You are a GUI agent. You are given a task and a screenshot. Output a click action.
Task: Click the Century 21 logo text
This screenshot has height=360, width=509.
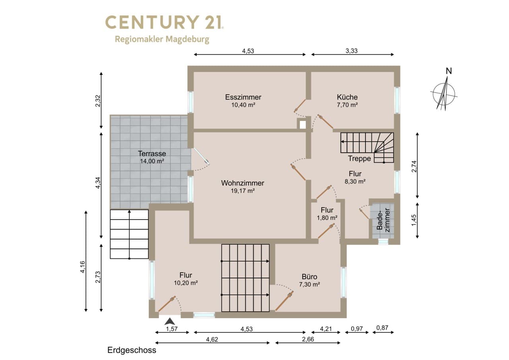point(165,22)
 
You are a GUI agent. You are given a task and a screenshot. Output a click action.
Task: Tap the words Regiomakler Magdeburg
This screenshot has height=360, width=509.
point(162,39)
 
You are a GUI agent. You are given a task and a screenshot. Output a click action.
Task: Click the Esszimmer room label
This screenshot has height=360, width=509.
point(243,97)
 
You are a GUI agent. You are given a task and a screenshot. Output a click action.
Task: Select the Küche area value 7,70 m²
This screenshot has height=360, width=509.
point(347,105)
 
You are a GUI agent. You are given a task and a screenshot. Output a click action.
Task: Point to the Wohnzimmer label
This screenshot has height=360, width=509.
point(243,183)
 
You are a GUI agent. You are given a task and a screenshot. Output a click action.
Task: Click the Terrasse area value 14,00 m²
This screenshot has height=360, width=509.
point(152,161)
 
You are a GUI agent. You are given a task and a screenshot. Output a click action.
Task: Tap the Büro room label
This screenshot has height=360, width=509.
point(309,276)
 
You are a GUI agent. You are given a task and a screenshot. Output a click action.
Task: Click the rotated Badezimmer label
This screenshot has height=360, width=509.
point(383,220)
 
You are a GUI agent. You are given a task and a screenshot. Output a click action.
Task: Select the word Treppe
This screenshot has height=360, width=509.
point(359,158)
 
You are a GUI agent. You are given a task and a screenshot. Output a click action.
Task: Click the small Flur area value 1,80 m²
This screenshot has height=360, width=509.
point(327,218)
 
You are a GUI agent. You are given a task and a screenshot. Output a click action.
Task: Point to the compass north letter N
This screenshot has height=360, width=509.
point(449,71)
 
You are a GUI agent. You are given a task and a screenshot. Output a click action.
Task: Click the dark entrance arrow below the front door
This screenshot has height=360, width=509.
point(170,321)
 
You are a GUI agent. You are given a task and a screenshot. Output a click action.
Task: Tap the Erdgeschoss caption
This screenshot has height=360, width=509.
point(132,350)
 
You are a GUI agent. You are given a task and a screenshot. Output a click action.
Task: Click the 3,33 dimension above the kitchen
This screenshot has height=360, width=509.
point(352,51)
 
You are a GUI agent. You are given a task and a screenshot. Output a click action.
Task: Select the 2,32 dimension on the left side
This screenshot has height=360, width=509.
point(98,101)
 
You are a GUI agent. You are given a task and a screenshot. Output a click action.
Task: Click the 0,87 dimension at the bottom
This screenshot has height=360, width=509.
point(382,328)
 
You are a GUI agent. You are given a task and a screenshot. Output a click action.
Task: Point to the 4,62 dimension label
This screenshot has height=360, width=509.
point(212,339)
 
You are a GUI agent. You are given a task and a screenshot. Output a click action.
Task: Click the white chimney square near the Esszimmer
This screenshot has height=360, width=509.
point(303,125)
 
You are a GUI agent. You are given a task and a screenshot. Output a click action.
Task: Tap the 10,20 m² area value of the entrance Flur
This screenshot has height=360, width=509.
point(186,283)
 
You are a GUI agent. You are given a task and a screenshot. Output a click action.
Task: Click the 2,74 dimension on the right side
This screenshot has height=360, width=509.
point(414,166)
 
